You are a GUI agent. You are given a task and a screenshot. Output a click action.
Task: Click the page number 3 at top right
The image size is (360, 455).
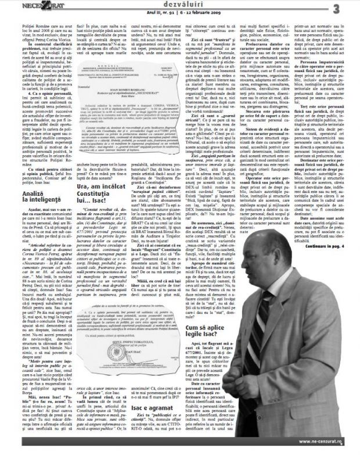click(x=352, y=8)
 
